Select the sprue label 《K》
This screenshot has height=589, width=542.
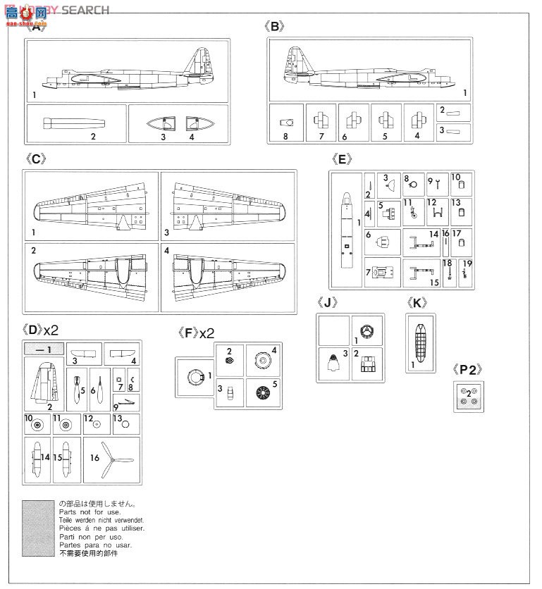(418, 303)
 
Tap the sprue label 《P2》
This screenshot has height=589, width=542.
(468, 368)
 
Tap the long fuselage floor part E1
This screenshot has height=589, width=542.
(346, 232)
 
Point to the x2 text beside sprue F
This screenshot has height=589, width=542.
(206, 333)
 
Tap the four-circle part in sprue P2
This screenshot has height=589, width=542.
(468, 396)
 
